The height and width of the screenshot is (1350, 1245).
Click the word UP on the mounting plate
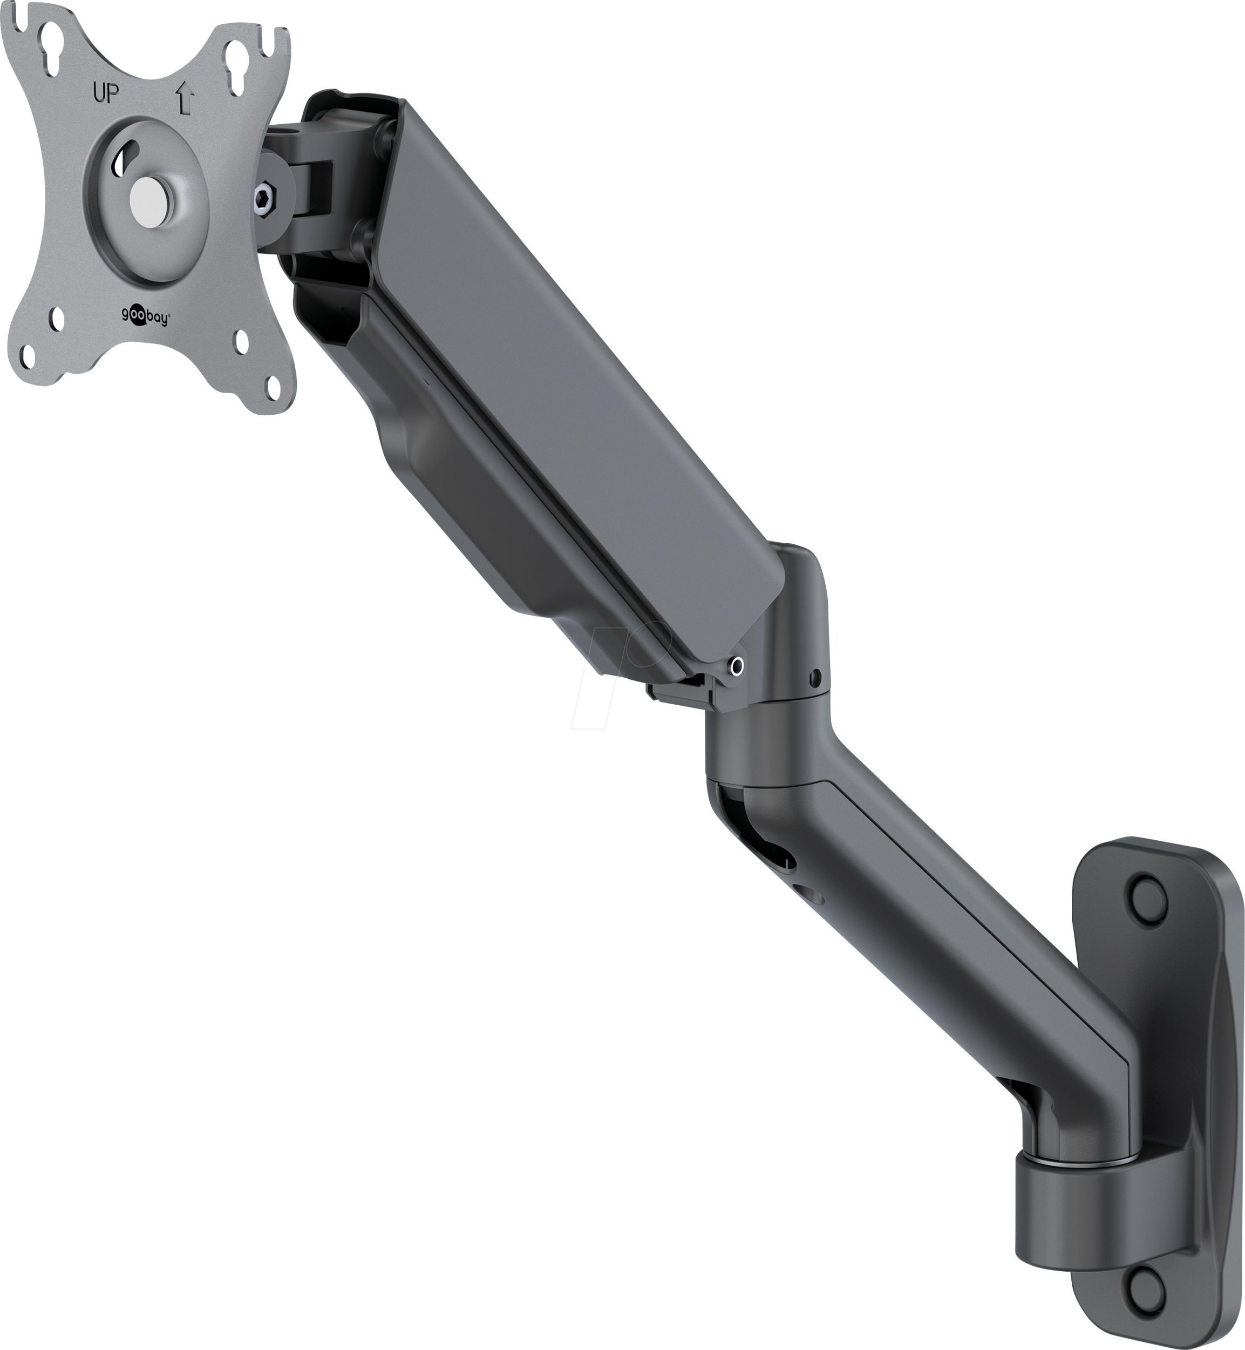click(106, 95)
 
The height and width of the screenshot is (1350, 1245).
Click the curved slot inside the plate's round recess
click(122, 162)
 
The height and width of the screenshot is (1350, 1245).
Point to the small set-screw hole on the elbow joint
click(816, 676)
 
